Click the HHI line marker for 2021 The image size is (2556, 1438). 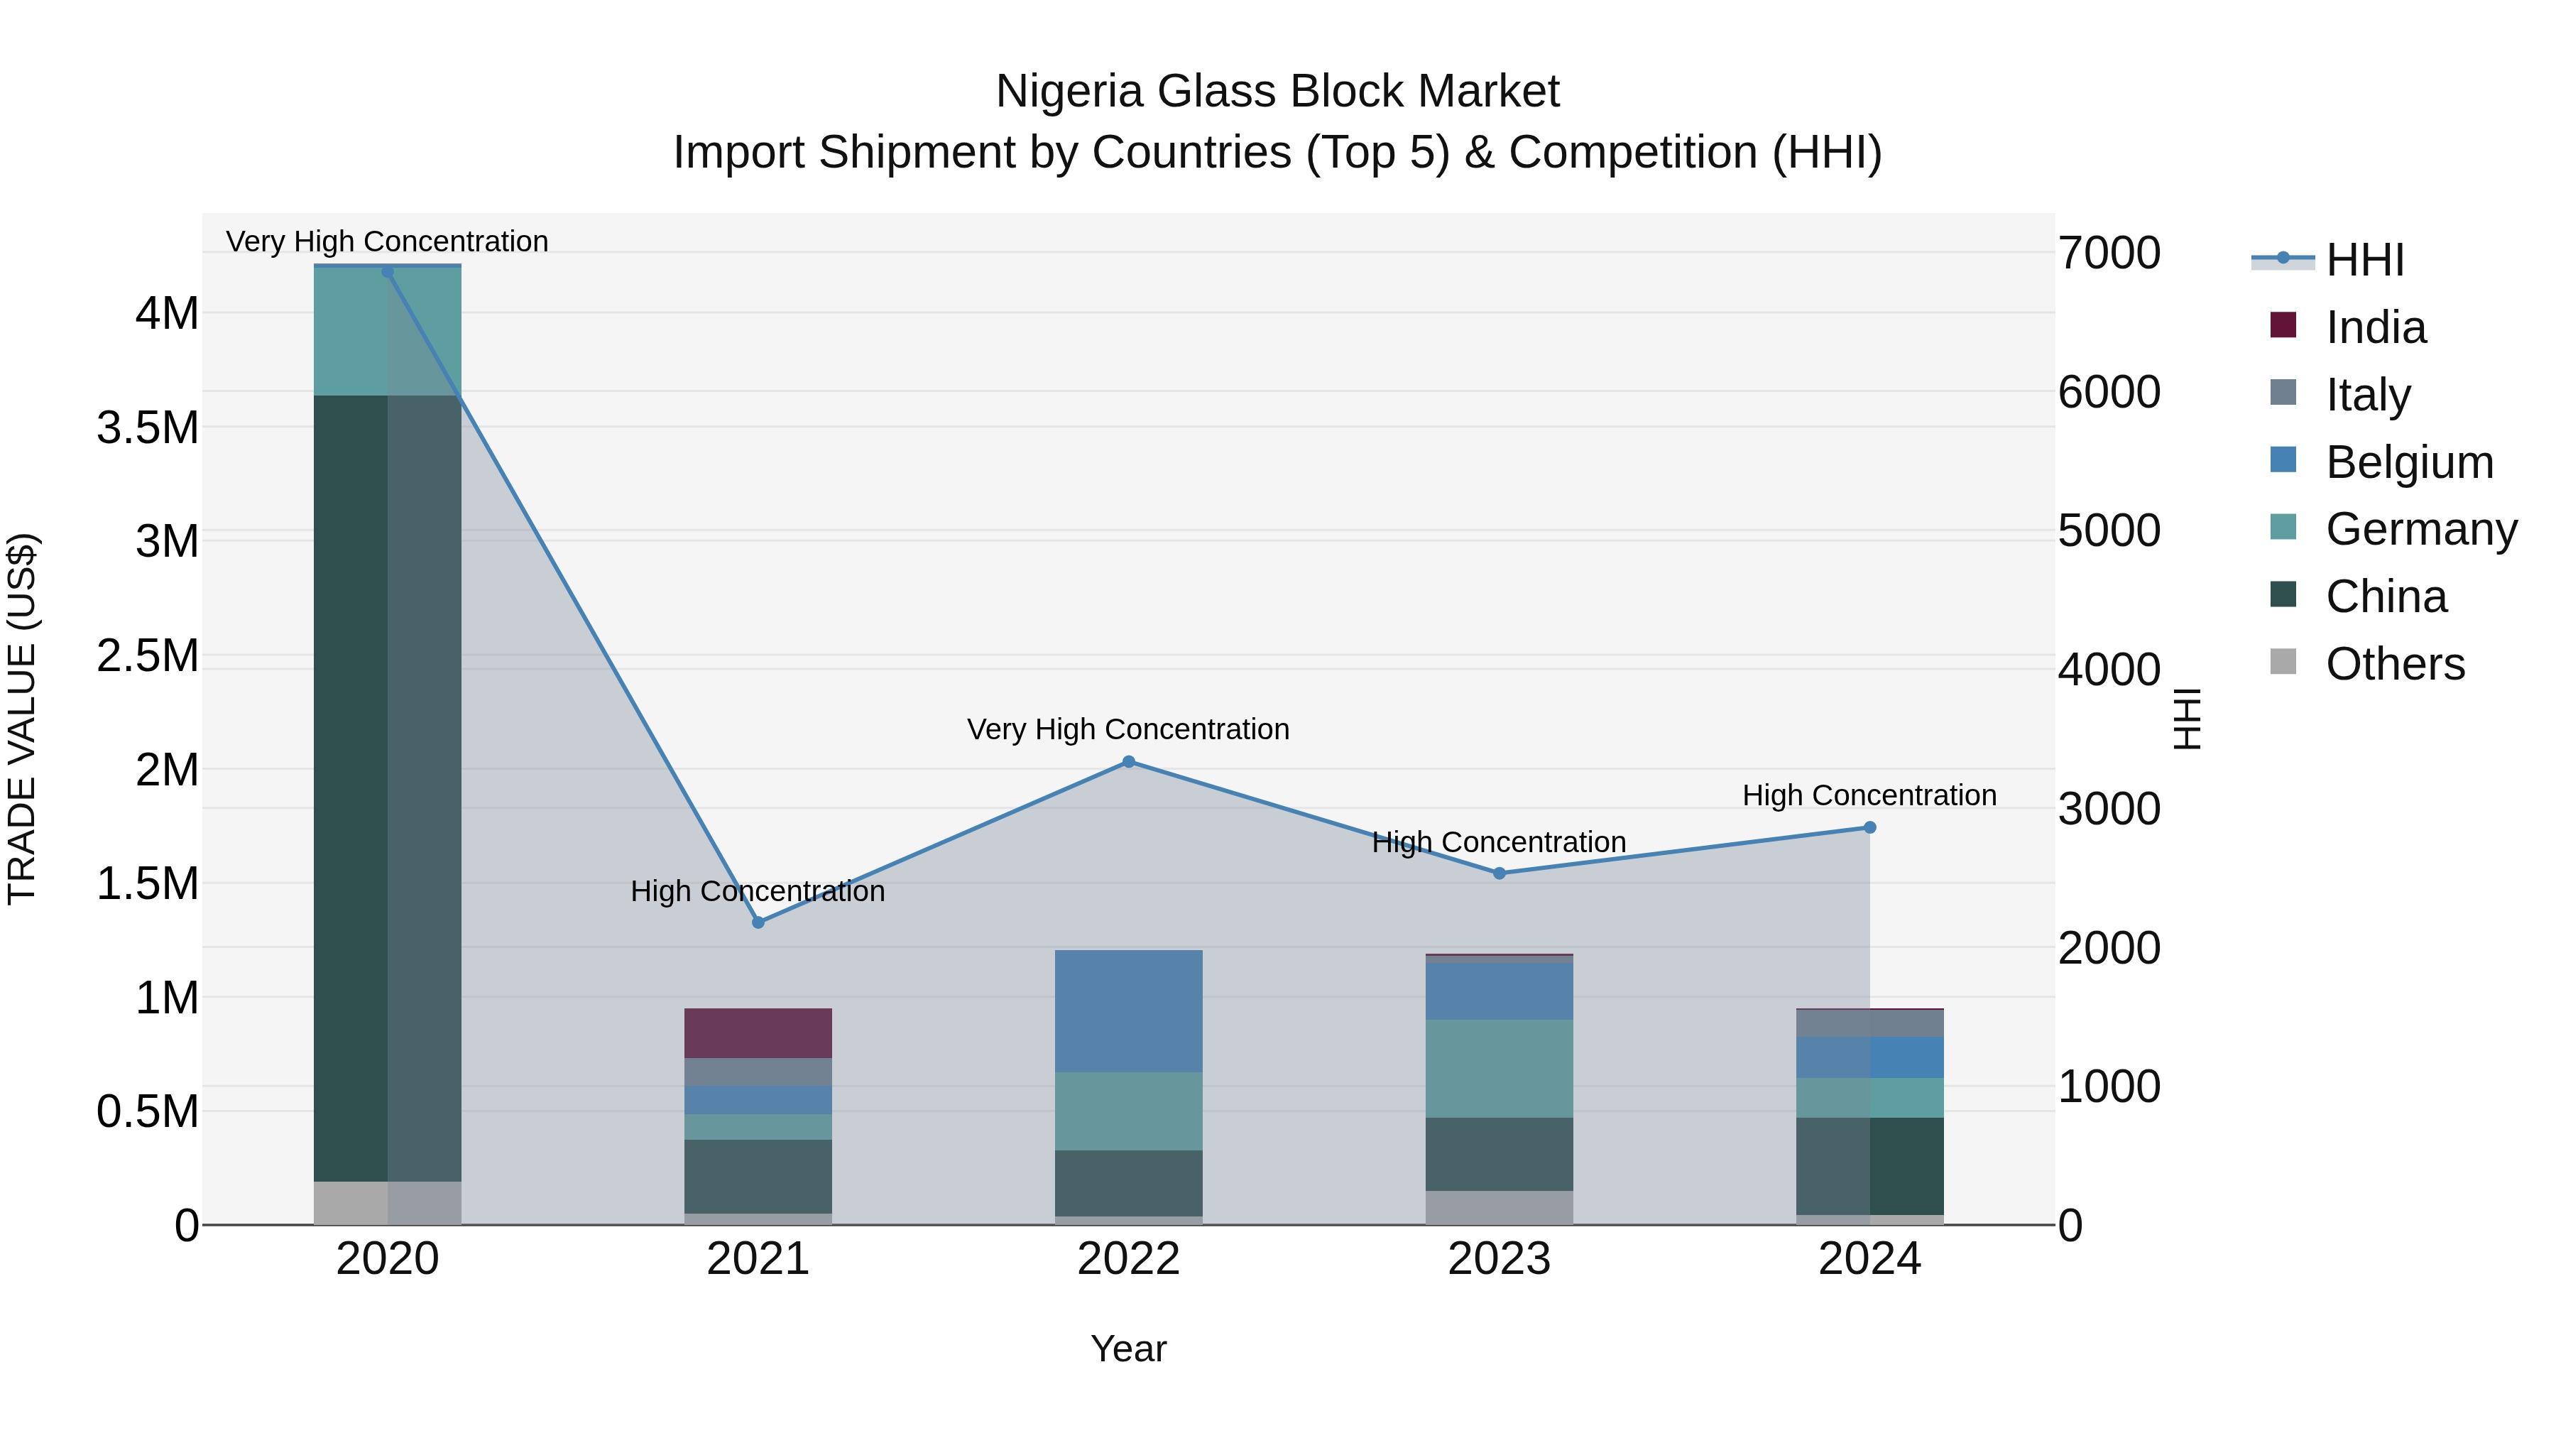click(x=758, y=922)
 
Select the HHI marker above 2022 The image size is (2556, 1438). click(x=1128, y=761)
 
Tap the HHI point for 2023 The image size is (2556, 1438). click(x=1500, y=873)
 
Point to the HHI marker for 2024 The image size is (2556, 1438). click(x=1869, y=827)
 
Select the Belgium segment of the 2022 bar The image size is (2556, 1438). click(x=1128, y=1011)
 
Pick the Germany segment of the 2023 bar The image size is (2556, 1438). click(x=1500, y=1068)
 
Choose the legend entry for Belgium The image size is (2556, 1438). click(x=2408, y=462)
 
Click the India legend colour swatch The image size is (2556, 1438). click(x=2283, y=325)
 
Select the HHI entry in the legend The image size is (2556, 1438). click(x=2364, y=260)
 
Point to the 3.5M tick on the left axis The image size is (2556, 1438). click(x=148, y=427)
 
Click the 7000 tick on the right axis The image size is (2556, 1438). click(x=2109, y=253)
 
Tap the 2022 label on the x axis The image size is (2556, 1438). click(x=1128, y=1259)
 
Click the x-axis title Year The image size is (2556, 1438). click(x=1128, y=1349)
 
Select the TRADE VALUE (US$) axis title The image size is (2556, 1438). click(x=23, y=719)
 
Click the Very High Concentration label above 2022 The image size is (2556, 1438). click(x=1128, y=729)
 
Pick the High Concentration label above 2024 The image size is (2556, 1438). click(x=1869, y=796)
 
